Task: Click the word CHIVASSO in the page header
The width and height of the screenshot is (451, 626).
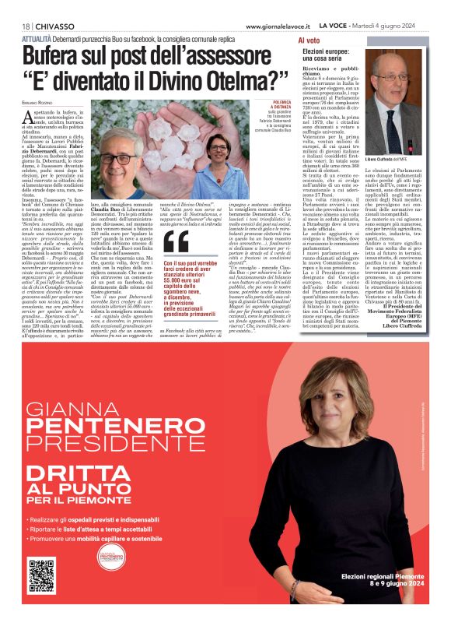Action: click(x=53, y=26)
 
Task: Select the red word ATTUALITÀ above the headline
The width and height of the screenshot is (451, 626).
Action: click(x=38, y=37)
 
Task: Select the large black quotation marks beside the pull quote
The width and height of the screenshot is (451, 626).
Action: click(x=176, y=242)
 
